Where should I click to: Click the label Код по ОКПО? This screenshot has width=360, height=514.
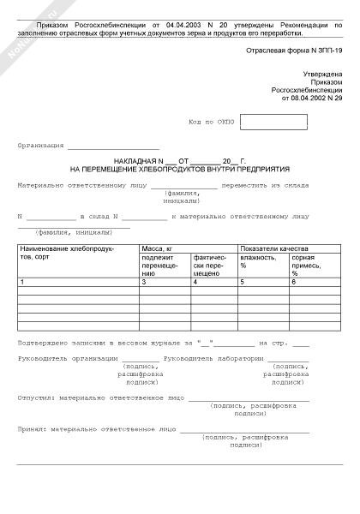click(x=211, y=123)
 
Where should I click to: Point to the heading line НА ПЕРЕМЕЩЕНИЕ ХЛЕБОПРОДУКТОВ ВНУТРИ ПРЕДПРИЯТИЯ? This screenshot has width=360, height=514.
click(x=180, y=170)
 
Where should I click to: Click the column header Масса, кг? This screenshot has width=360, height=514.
click(x=158, y=248)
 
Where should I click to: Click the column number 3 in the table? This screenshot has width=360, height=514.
click(x=144, y=282)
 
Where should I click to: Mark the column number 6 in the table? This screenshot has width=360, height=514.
click(x=293, y=282)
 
